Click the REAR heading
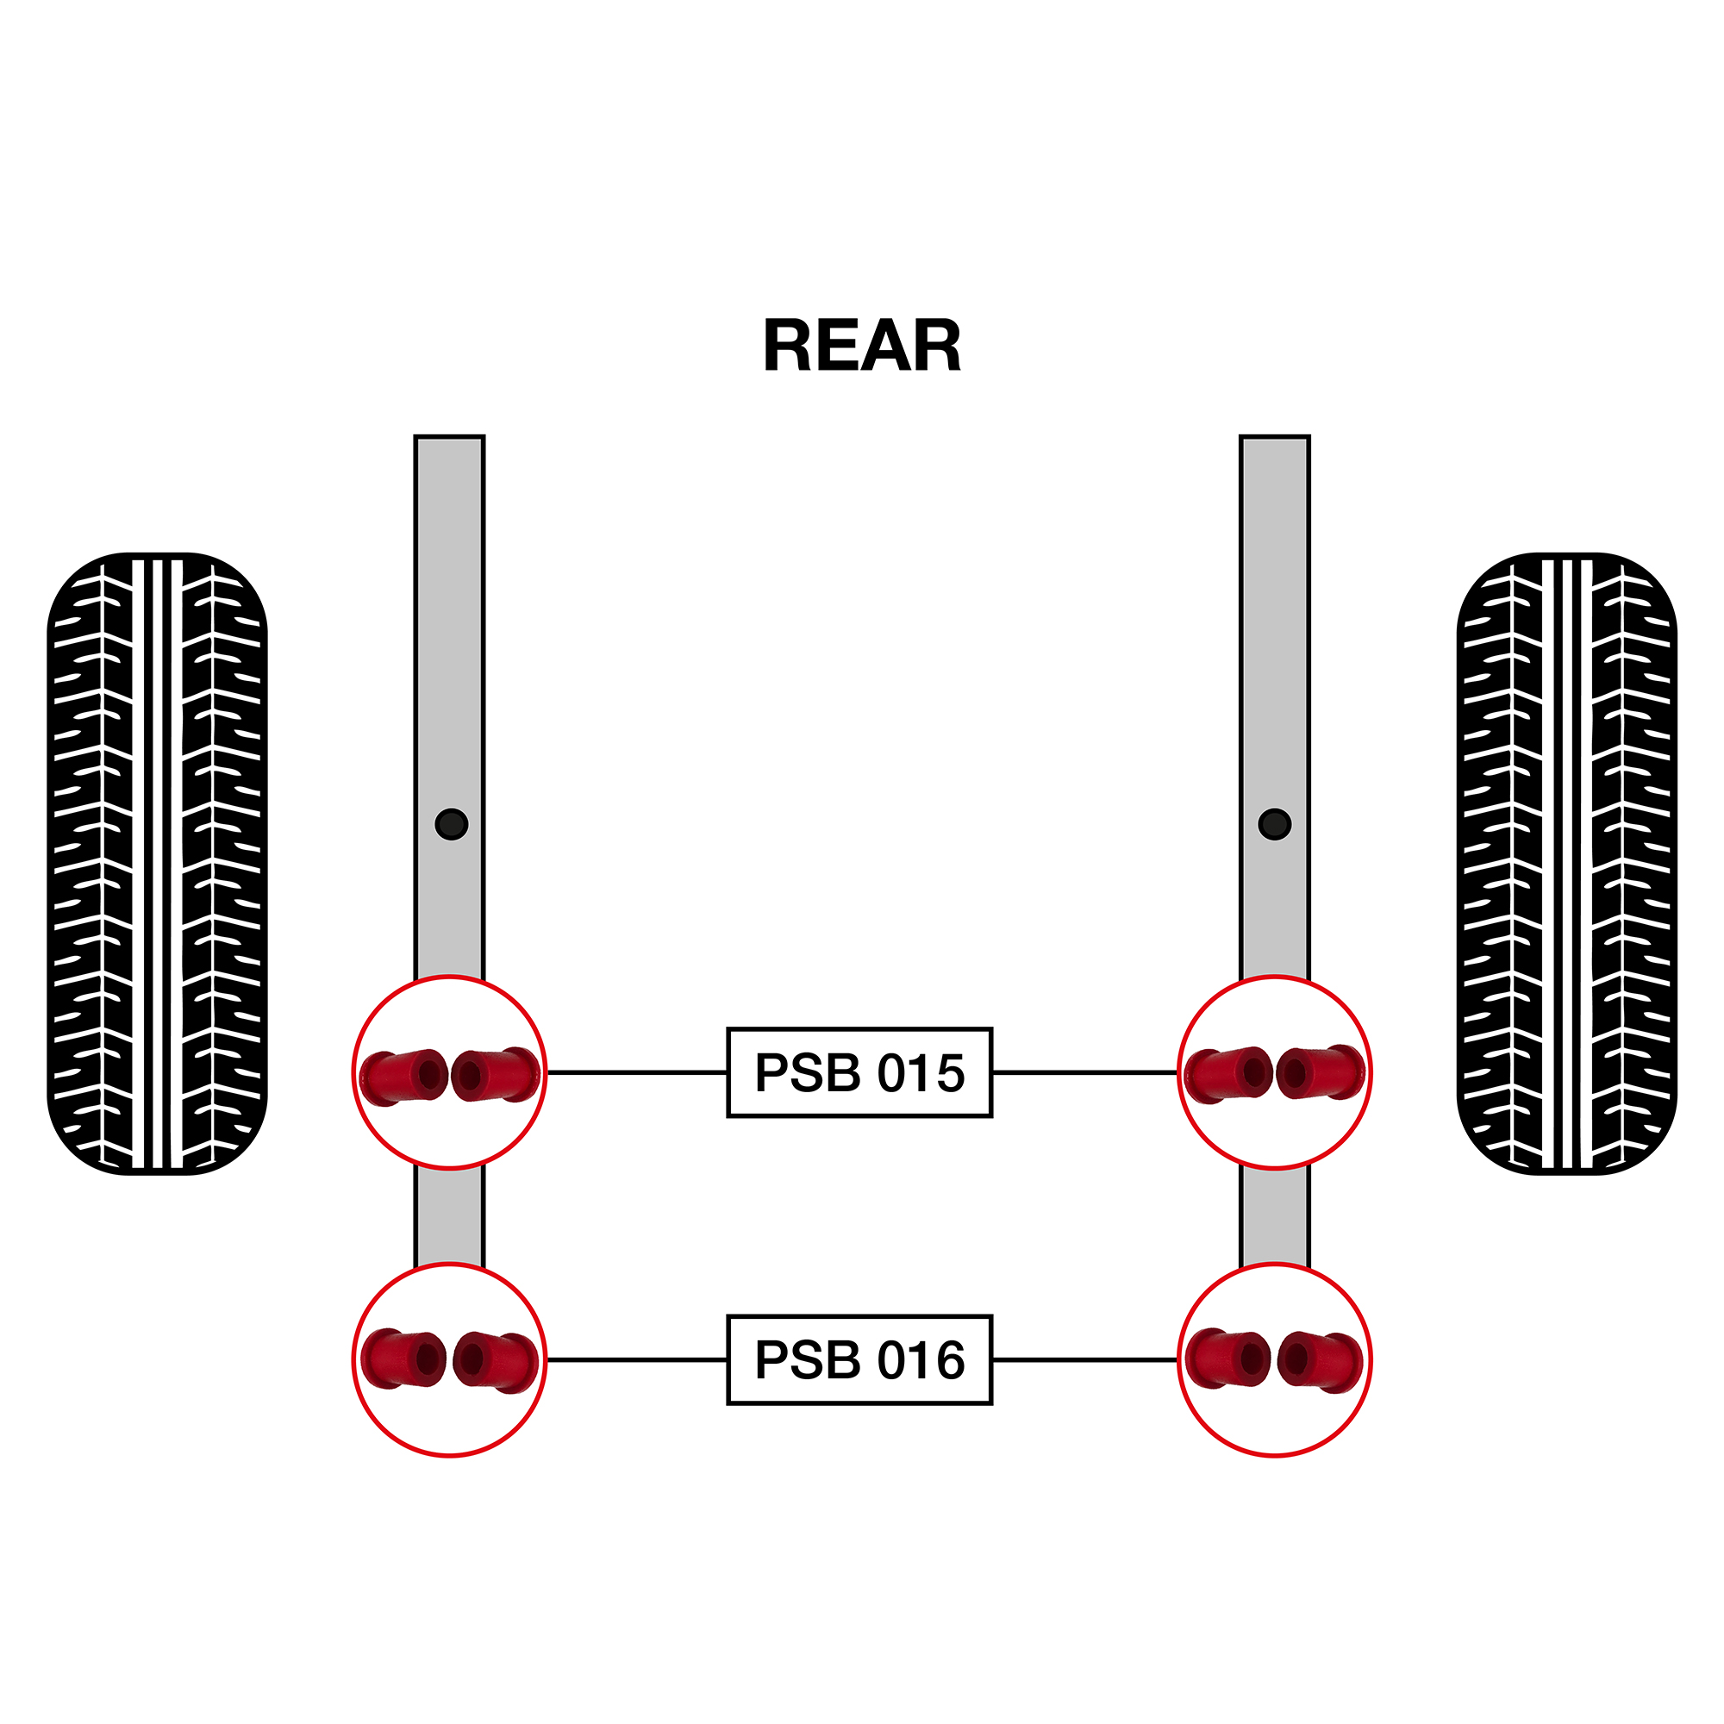point(862,347)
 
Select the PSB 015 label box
point(859,1072)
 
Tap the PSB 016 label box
point(859,1360)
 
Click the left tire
point(157,864)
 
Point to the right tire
point(1567,864)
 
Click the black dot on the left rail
point(452,823)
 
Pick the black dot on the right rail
point(1274,823)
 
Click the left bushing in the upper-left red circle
point(404,1077)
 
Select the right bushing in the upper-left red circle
point(497,1074)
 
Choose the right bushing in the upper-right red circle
point(1321,1072)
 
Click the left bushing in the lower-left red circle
point(404,1359)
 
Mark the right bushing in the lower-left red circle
point(497,1361)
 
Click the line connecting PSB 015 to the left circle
point(637,1072)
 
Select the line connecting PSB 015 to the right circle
point(1085,1072)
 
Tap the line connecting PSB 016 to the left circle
point(637,1360)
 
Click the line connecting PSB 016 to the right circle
point(1085,1360)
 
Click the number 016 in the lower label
point(921,1360)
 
